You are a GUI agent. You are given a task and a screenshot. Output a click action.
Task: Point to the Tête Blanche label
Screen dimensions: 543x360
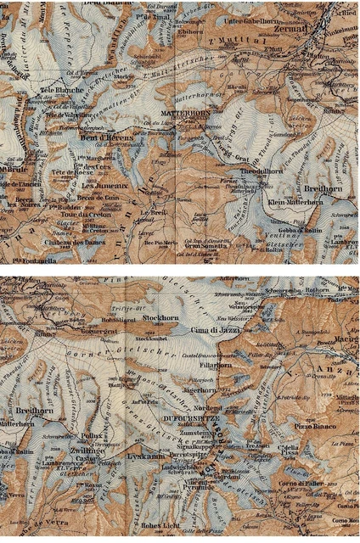coord(59,89)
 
